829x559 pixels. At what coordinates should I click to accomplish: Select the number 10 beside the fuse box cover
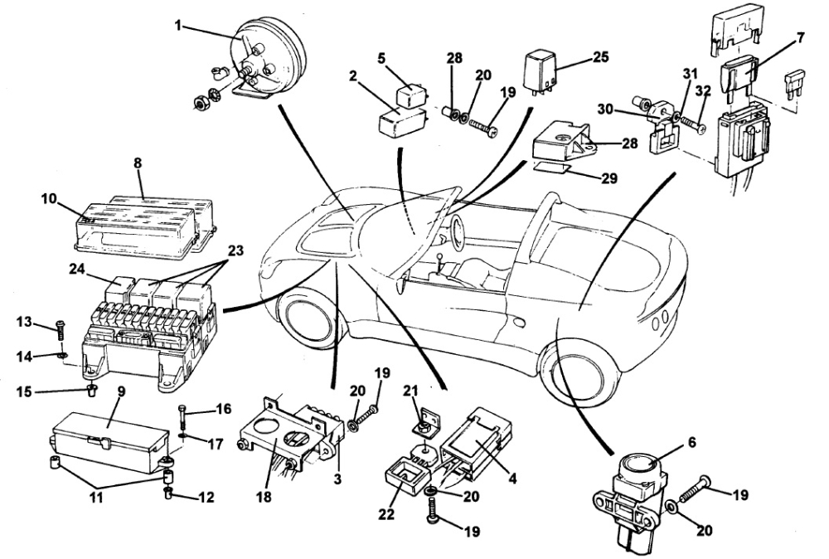tap(49, 198)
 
